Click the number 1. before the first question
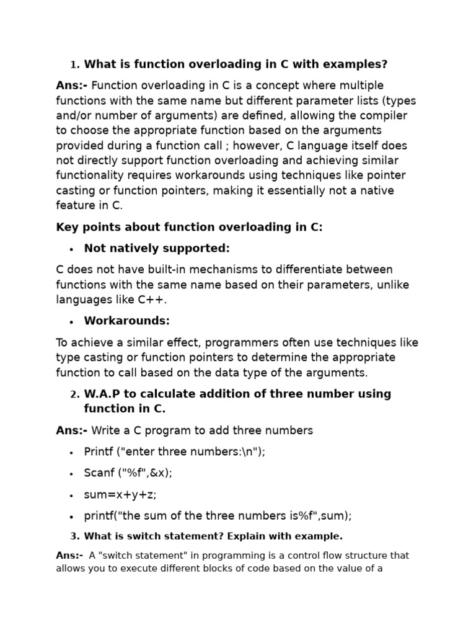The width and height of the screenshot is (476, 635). click(x=75, y=65)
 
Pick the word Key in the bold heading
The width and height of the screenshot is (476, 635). click(x=66, y=227)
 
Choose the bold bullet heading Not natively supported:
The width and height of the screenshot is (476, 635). click(x=157, y=249)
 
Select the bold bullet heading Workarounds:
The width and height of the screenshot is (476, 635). click(x=126, y=321)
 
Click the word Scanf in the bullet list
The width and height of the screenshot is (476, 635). click(x=100, y=473)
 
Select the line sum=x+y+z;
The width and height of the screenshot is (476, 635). click(x=120, y=494)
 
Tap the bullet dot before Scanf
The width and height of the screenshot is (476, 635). click(x=72, y=474)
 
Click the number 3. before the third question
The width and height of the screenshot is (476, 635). click(x=75, y=536)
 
